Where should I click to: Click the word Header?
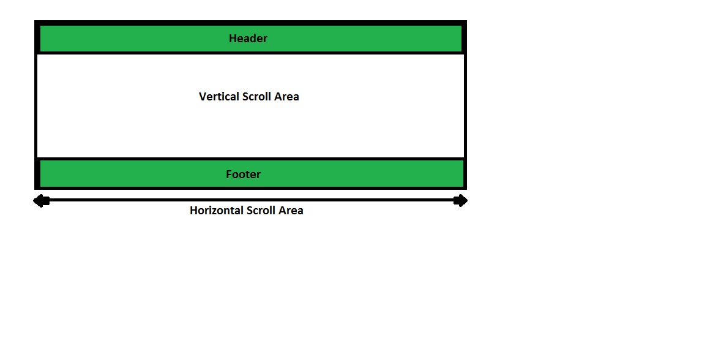[248, 39]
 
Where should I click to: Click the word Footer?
[243, 174]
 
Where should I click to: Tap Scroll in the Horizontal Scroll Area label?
[261, 211]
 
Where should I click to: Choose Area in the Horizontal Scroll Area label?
[291, 211]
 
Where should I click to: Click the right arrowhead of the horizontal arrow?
[461, 201]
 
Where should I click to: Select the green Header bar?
[122, 39]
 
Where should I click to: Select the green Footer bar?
[122, 174]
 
